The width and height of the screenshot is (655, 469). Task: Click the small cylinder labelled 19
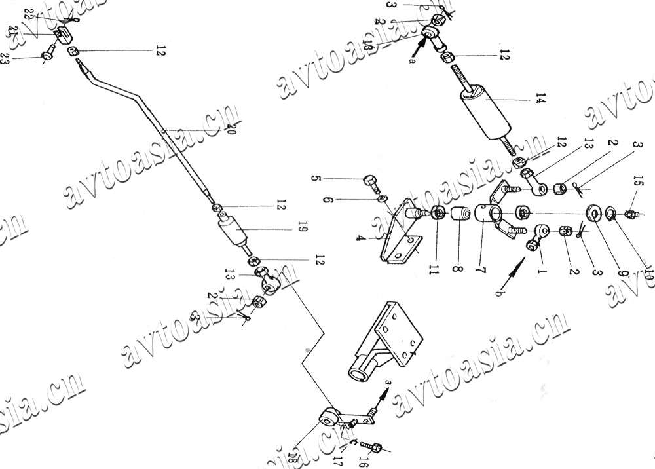pos(233,233)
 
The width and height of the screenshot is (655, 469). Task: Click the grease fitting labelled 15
pos(630,214)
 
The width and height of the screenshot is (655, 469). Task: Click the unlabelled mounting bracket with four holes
pos(383,344)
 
